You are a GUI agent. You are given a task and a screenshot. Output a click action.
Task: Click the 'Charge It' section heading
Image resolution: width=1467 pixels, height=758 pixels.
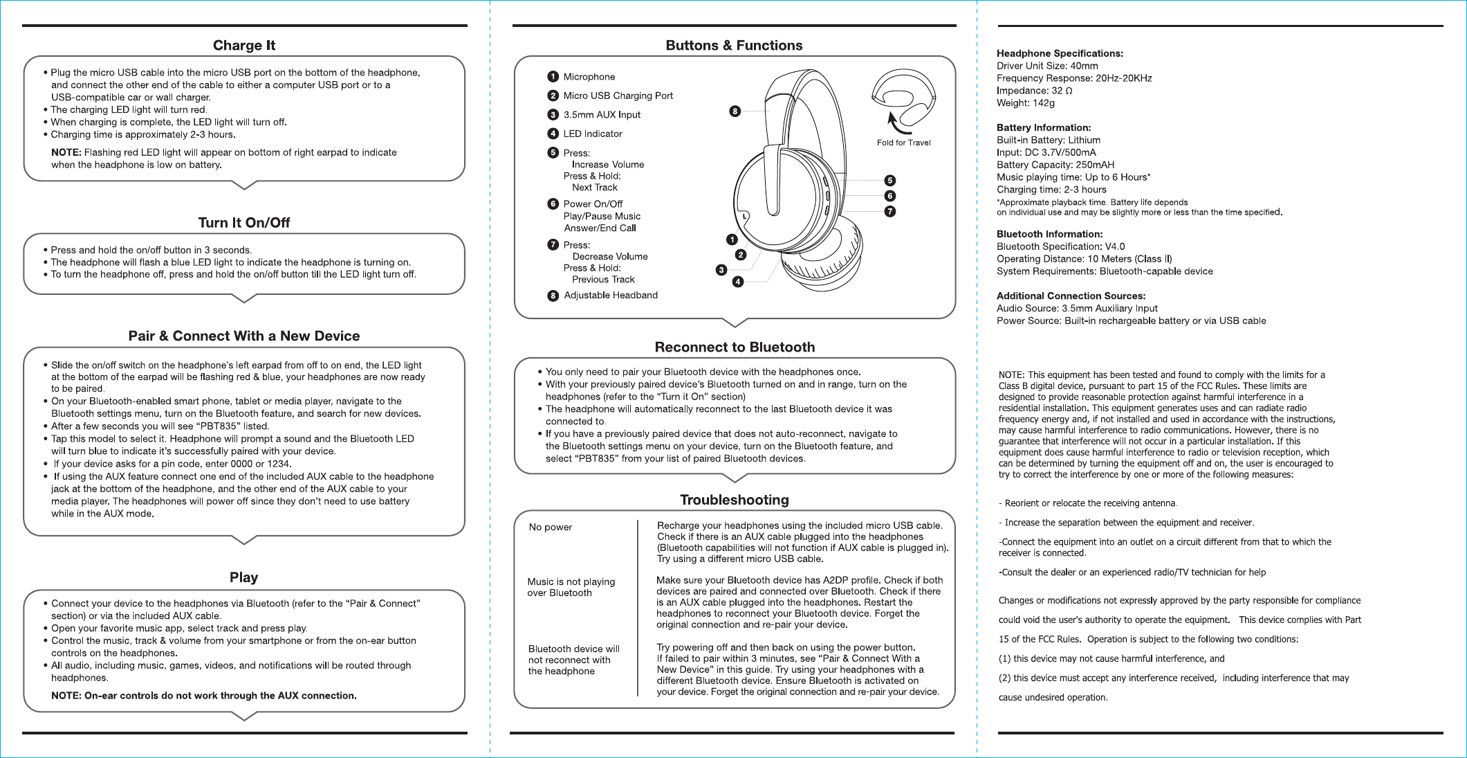pyautogui.click(x=243, y=46)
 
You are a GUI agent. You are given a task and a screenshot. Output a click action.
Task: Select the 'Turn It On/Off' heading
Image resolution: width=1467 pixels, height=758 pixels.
pyautogui.click(x=243, y=223)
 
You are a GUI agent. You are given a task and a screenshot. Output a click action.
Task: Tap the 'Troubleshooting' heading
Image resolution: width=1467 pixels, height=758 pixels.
pyautogui.click(x=734, y=500)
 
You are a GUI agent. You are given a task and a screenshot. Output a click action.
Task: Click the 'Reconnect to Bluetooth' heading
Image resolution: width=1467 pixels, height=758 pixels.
pyautogui.click(x=735, y=348)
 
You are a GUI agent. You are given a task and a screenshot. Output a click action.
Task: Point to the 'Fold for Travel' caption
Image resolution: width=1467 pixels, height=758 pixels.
pyautogui.click(x=903, y=143)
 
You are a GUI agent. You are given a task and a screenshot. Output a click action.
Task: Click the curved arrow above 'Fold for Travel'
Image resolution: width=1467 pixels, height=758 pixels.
pyautogui.click(x=898, y=123)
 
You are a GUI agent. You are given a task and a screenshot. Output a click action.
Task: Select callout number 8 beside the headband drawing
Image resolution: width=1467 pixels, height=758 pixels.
pyautogui.click(x=735, y=111)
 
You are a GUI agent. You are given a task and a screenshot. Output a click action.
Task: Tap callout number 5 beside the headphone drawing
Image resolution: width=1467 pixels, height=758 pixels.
pyautogui.click(x=890, y=181)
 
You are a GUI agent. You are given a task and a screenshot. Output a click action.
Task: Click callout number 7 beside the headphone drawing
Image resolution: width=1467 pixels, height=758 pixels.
pyautogui.click(x=890, y=211)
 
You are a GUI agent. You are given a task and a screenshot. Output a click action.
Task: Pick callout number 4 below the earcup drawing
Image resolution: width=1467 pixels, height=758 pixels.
pyautogui.click(x=738, y=282)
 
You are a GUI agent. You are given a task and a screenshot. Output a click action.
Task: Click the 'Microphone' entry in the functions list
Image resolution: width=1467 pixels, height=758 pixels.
pyautogui.click(x=589, y=77)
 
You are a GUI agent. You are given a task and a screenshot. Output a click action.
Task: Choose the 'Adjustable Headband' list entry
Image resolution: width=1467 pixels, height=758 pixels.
pyautogui.click(x=610, y=296)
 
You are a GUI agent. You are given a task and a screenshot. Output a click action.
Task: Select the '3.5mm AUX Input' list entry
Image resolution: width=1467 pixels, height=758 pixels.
pyautogui.click(x=602, y=115)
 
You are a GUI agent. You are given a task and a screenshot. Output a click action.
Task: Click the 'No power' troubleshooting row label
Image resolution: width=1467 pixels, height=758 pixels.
pyautogui.click(x=551, y=527)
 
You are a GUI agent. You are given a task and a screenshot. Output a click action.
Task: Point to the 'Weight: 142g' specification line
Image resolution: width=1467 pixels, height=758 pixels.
pyautogui.click(x=1025, y=103)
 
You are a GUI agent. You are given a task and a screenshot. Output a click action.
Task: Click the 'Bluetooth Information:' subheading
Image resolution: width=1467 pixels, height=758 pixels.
pyautogui.click(x=1049, y=234)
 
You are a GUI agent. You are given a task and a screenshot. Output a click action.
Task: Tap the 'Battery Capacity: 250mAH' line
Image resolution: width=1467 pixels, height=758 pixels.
pyautogui.click(x=1055, y=165)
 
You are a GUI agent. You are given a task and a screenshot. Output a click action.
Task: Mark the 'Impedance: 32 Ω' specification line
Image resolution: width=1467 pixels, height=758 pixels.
pyautogui.click(x=1034, y=91)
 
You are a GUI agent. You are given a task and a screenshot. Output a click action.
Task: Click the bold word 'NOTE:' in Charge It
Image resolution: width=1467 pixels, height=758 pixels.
pyautogui.click(x=66, y=152)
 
